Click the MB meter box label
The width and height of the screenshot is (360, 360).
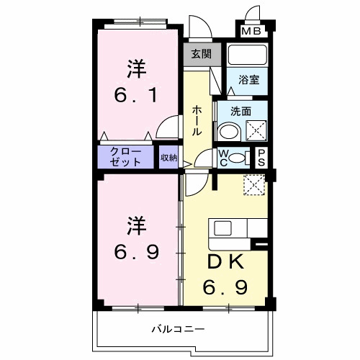252,31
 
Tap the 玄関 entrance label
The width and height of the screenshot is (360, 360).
200,53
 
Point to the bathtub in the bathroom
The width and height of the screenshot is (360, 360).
247,57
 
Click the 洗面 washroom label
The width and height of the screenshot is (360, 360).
240,112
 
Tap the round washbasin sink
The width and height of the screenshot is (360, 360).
229,131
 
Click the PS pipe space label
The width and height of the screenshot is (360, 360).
261,157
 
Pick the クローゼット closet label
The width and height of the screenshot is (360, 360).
126,157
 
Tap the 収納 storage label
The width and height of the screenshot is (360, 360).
168,157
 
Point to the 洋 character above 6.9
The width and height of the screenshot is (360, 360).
137,224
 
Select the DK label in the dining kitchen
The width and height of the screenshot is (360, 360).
228,261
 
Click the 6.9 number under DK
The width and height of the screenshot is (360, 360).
228,287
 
